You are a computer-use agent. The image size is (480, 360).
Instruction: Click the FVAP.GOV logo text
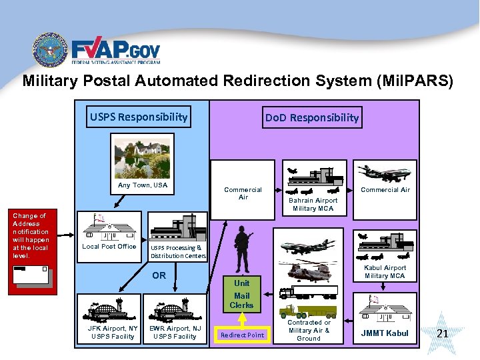(115, 51)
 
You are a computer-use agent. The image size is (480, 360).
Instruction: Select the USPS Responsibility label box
(139, 117)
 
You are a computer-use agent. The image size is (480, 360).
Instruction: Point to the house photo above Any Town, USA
(142, 156)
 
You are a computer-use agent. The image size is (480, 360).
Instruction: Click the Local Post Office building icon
(108, 228)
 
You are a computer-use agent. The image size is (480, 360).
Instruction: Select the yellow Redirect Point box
(242, 335)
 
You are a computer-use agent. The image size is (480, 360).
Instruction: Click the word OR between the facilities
(159, 275)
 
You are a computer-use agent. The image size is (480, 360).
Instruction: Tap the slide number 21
(441, 333)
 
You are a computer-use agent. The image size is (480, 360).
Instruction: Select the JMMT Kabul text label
(385, 333)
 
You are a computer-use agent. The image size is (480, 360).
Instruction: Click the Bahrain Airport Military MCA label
(313, 204)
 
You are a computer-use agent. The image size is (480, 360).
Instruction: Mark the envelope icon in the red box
(30, 275)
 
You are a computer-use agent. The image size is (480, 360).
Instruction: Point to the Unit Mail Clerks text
(241, 294)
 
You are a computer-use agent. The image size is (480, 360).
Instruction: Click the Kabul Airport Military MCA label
(385, 271)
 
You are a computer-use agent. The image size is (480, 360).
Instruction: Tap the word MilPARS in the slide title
(414, 81)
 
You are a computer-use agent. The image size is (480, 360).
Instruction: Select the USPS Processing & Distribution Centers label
(178, 251)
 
